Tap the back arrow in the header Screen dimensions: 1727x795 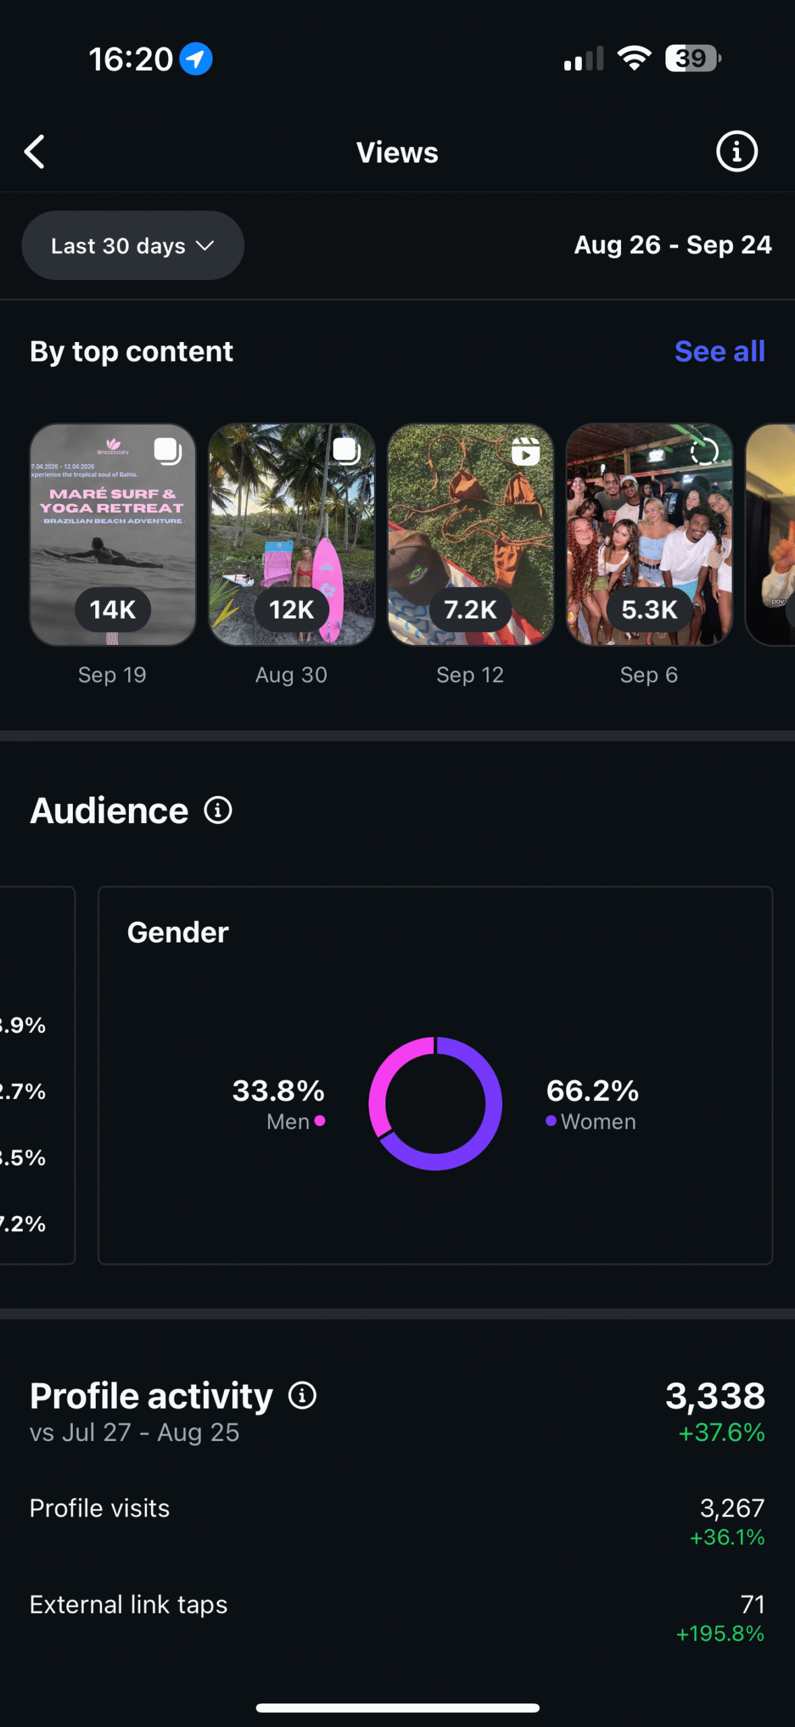pos(35,152)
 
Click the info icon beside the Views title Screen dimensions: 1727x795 pos(736,152)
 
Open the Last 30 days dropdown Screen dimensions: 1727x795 pos(132,246)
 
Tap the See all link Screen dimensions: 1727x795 pos(719,351)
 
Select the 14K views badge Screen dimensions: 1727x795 pos(113,610)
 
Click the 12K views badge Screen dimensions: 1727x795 pos(292,610)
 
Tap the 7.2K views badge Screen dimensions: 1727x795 pos(470,610)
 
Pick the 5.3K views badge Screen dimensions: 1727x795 pos(649,610)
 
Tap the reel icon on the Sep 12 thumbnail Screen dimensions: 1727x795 pos(525,452)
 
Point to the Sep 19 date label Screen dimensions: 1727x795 pos(112,675)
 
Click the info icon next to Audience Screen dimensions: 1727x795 pos(218,810)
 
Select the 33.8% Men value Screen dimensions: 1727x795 pos(278,1091)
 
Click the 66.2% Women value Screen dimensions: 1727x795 pos(593,1091)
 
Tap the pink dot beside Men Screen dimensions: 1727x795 pos(320,1121)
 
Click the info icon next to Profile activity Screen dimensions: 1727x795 pos(302,1396)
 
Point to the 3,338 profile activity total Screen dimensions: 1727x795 pos(715,1396)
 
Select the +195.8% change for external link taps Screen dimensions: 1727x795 pos(720,1633)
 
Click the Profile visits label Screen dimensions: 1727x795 pos(100,1508)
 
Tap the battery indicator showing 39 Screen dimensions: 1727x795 pos(692,59)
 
